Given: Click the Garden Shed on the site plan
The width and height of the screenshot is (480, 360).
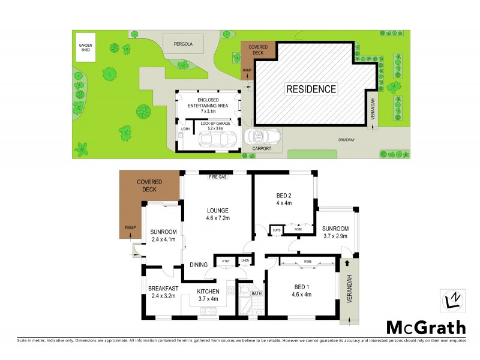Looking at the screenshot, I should tap(83, 47).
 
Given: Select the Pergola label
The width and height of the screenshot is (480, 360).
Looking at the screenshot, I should tap(183, 44).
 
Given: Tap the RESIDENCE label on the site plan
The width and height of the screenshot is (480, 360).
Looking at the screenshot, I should tap(310, 89).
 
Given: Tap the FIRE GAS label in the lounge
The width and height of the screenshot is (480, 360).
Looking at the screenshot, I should tap(217, 178).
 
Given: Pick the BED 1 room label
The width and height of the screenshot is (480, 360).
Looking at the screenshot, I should tap(301, 290).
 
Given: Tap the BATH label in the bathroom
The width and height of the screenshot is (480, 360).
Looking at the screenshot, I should tap(257, 293).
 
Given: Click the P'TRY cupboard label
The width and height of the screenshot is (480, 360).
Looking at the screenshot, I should tap(226, 261).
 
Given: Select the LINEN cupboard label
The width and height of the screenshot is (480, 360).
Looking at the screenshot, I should tap(245, 261).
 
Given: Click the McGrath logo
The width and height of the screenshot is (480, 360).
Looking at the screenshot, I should tap(425, 328).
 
